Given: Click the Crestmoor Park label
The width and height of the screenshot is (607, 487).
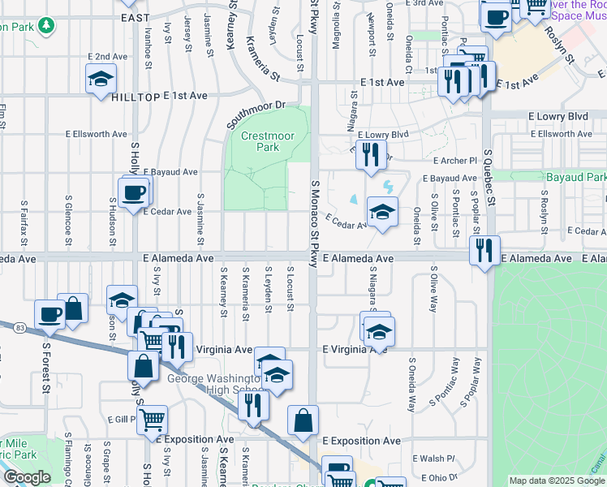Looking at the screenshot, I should (x=260, y=141).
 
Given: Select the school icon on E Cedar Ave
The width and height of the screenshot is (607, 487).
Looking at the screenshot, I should (x=382, y=213).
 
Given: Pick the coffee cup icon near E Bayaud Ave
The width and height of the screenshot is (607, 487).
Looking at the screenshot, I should (x=133, y=193).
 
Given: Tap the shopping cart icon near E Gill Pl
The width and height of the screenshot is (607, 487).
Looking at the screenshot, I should (x=152, y=420).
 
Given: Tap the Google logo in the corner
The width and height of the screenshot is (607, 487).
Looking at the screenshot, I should (x=27, y=477).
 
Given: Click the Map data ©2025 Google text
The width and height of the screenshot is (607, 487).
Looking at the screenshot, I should (x=557, y=481).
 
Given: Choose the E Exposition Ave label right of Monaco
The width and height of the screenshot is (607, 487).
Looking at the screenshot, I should (x=361, y=441).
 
